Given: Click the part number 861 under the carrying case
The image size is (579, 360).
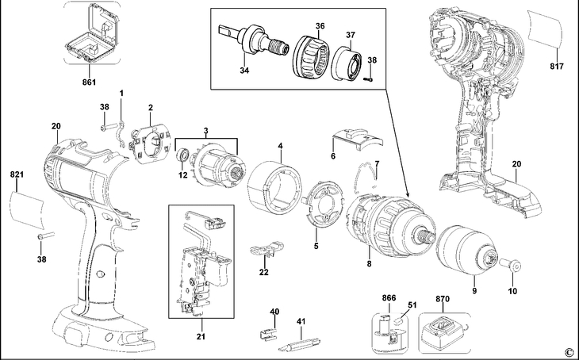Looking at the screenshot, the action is (89, 82).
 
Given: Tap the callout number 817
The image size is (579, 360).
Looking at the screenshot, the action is (557, 66).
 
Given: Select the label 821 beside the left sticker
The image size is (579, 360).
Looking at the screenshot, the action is (17, 174).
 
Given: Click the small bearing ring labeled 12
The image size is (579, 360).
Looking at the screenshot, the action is (183, 155).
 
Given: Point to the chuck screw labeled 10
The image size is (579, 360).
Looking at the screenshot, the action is (511, 265).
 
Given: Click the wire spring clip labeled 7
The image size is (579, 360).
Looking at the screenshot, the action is (367, 178).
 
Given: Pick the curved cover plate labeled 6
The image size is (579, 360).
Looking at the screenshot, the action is (358, 139).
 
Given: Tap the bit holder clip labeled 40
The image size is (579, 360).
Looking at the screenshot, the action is (267, 335).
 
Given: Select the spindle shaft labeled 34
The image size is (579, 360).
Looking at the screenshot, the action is (255, 40).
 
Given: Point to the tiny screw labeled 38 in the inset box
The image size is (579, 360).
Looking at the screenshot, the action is (369, 78).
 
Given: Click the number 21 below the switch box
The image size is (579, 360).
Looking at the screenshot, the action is (201, 337).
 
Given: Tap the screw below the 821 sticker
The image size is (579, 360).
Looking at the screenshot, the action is (45, 236).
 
